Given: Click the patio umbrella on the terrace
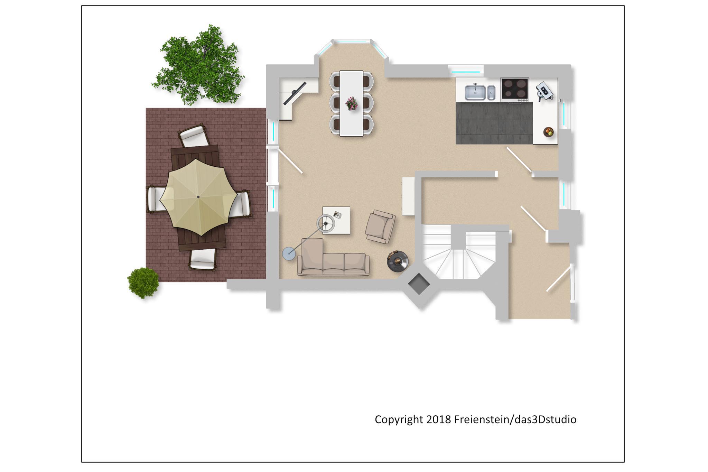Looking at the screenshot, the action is [x=198, y=197].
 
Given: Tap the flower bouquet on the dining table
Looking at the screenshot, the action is [x=352, y=103].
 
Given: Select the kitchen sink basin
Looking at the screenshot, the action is [x=475, y=92].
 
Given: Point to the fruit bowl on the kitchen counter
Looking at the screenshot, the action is [x=548, y=132].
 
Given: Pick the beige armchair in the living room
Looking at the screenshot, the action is [x=380, y=226].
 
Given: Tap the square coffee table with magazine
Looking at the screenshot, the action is [x=336, y=220].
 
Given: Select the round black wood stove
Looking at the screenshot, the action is [x=398, y=261].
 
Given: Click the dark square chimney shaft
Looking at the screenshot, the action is [x=419, y=284].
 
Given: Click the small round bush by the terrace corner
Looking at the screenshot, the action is [x=143, y=283].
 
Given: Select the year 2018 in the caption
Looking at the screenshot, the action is [x=439, y=419].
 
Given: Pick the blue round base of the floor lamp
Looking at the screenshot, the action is [x=289, y=254].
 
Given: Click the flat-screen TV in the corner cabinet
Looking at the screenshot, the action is [x=295, y=93].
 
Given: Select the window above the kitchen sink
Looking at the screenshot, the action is [x=466, y=72].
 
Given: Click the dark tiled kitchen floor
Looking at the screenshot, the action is [x=494, y=123].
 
